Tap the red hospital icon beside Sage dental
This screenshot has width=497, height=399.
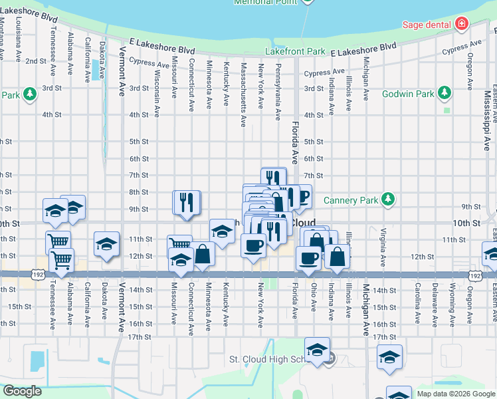coord(461,25)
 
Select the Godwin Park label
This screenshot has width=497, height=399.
coord(407,94)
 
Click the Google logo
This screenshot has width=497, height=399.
coord(22,391)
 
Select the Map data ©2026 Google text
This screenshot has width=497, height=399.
coord(455,394)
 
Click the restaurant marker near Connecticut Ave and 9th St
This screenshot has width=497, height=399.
coord(187,202)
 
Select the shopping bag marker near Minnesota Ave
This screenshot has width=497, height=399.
coord(203,255)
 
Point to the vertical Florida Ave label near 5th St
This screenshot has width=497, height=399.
coord(295,146)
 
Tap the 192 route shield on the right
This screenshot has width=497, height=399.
coord(474,274)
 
